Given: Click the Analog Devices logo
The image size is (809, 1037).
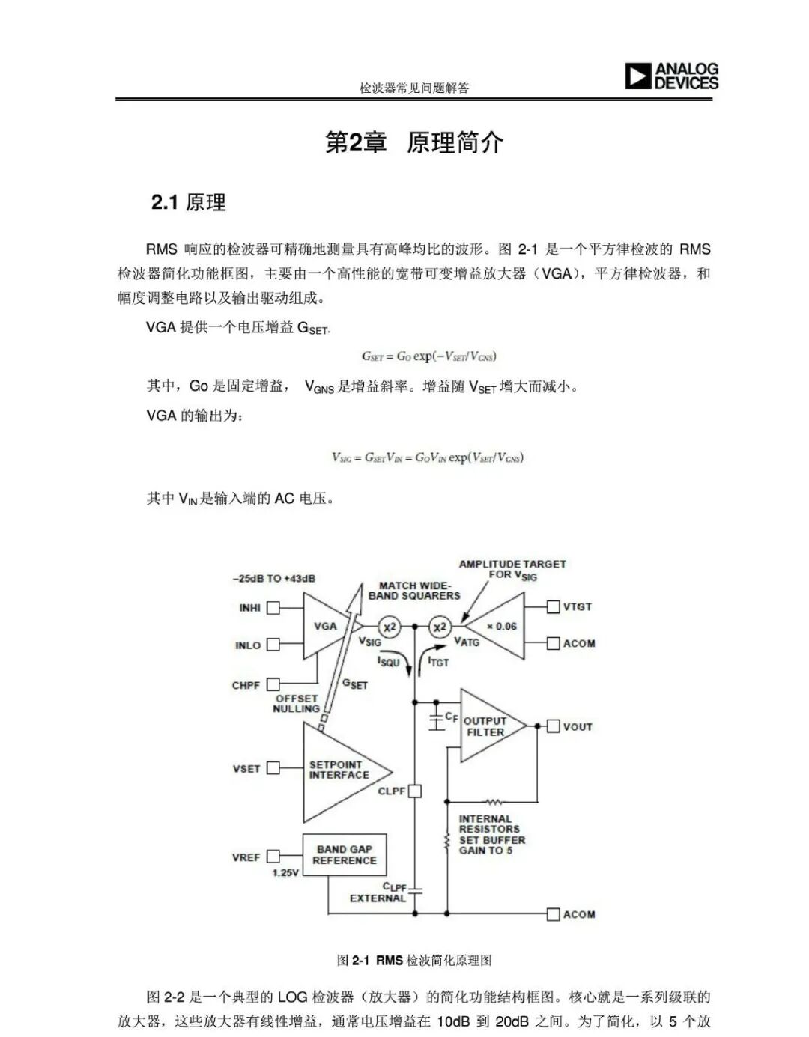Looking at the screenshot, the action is point(671,76).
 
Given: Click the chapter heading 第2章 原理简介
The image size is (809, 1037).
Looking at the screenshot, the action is point(414,142).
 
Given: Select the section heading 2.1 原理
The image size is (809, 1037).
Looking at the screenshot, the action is point(189,202).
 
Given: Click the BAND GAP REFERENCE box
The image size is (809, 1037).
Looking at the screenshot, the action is point(345,854).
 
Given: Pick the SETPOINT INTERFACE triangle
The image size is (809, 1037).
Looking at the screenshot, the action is point(341,771).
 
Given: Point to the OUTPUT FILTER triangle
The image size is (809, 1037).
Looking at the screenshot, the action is point(488,726).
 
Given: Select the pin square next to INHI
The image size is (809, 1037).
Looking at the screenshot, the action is point(273,608).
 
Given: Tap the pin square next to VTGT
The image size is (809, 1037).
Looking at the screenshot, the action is point(553,606).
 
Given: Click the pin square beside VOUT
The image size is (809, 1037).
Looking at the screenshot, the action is point(553,726).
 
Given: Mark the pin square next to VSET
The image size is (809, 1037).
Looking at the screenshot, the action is point(273,767).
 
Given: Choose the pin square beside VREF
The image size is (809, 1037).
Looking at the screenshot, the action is point(273,856).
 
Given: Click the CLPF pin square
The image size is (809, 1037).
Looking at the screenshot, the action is point(415,791).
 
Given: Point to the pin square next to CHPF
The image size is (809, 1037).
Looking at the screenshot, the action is point(273,684).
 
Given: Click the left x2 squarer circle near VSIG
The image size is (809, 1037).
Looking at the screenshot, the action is point(389,627).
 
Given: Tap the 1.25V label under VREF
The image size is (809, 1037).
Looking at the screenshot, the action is point(285,873).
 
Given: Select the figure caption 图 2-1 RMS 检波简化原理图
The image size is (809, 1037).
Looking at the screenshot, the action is point(414,960).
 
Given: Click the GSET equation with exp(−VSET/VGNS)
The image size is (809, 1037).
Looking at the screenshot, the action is point(428,356).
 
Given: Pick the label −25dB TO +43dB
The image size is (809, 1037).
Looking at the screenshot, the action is point(274,578).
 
